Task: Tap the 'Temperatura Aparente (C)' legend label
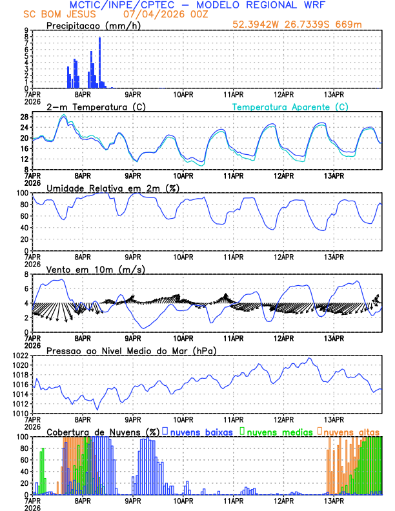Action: pos(290,106)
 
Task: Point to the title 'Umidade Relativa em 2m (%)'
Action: pos(112,188)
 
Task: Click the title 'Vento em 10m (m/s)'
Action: pos(96,269)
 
